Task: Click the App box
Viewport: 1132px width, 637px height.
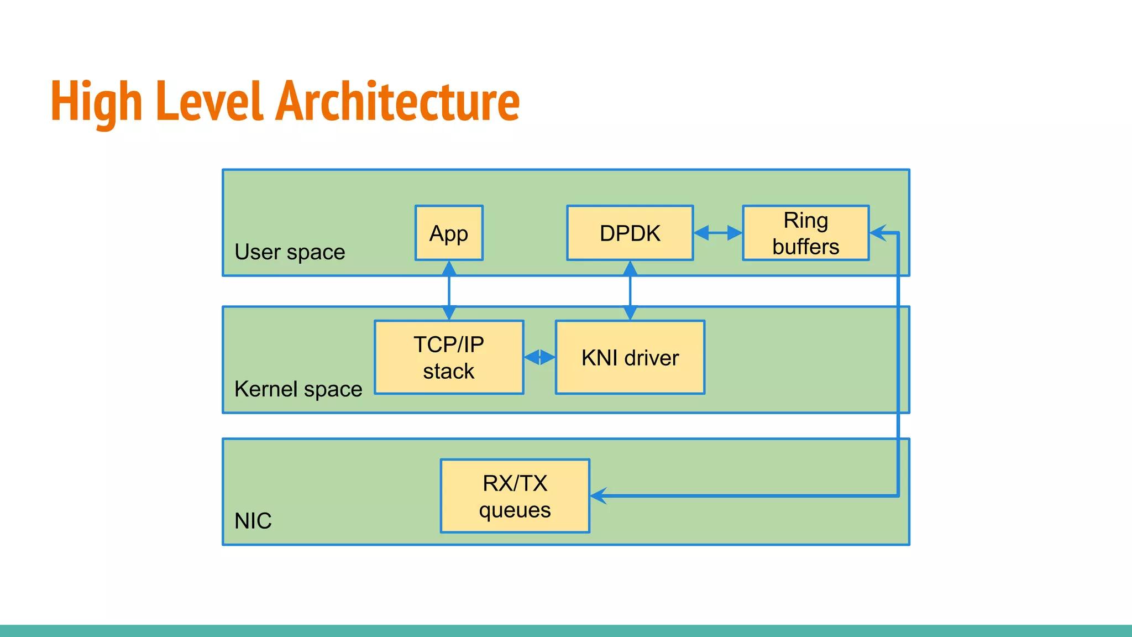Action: coord(449,233)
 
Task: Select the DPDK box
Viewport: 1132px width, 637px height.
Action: coord(630,233)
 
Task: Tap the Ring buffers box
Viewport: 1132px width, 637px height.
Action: coord(805,233)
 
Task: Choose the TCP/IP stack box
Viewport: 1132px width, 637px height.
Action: coord(449,357)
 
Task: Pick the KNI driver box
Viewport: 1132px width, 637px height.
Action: coord(630,357)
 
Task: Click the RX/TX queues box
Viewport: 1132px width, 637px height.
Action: coord(515,496)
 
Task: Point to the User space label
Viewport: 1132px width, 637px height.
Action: coord(290,252)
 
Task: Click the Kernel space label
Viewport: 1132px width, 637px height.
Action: coord(298,389)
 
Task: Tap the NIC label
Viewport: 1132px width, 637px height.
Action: coord(253,521)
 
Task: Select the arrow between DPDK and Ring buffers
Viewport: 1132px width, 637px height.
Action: coord(717,233)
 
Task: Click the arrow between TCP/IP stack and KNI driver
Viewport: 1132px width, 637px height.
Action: coord(539,357)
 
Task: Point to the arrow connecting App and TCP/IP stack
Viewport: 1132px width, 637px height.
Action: coord(449,291)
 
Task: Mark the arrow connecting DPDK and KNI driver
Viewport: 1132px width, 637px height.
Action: coord(630,291)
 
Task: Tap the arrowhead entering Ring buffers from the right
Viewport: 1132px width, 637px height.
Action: coord(878,233)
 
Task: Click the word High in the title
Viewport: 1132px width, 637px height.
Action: coord(96,102)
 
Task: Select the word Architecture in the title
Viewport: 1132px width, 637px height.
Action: coord(398,102)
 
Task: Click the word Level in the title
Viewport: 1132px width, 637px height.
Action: coord(209,102)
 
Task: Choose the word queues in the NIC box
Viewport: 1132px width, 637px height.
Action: coord(515,510)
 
